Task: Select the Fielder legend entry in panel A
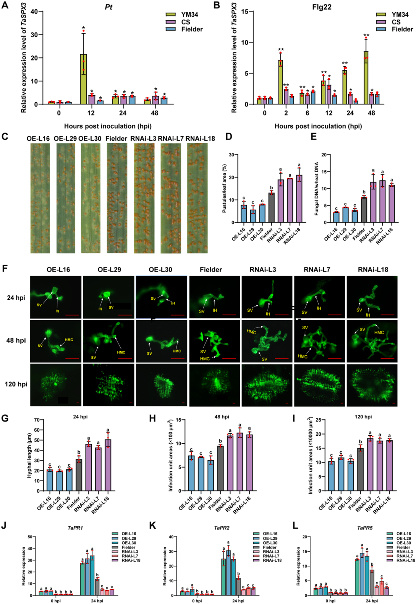192,29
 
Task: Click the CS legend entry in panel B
396,22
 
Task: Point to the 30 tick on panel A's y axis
34,35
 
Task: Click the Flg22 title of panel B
322,7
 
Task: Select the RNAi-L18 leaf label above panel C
200,138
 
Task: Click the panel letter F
5,268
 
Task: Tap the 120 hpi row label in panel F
16,384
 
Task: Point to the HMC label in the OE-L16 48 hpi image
69,340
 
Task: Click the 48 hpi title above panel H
222,417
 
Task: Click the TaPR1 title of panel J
75,528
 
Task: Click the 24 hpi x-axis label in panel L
371,601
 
